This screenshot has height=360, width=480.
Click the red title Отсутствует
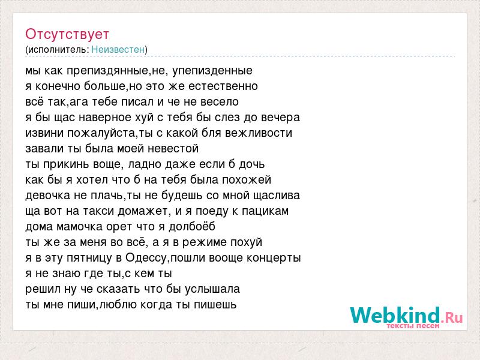67,34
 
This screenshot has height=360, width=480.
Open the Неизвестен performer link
118,49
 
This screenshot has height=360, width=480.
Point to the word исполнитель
58,50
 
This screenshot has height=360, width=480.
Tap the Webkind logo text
395,315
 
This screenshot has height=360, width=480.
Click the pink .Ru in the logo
452,318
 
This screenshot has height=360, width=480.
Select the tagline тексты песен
413,326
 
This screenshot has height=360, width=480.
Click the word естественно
223,86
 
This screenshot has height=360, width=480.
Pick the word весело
220,102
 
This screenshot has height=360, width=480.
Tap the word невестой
173,149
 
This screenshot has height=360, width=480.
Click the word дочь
251,164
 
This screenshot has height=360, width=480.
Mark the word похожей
247,180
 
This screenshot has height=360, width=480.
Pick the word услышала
212,289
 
